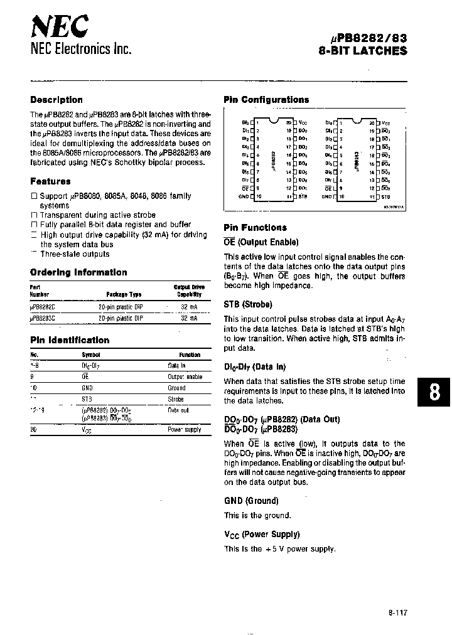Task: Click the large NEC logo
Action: [60, 26]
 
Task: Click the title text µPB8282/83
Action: [365, 38]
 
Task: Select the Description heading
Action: [56, 100]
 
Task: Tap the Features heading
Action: [50, 181]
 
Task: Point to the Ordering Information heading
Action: [78, 272]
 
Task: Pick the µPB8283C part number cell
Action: [43, 318]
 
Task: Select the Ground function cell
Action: [176, 388]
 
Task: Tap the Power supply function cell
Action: [184, 430]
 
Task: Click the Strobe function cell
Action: [176, 399]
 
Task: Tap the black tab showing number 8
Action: [433, 392]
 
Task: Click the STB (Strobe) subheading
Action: [248, 304]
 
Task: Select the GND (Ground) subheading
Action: [251, 501]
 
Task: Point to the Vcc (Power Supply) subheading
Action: [262, 534]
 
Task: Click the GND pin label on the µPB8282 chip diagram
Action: [245, 196]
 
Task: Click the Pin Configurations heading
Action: [266, 100]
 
